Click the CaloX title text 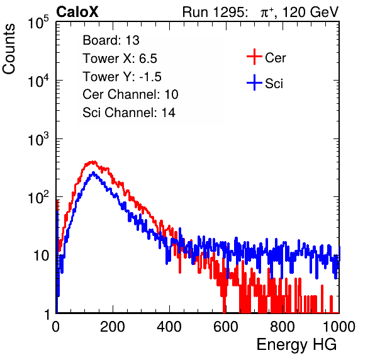click(77, 12)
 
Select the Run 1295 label click(215, 12)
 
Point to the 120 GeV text click(310, 12)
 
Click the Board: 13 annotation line click(111, 40)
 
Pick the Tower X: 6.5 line click(120, 59)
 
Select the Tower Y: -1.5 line click(122, 77)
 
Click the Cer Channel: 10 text click(130, 94)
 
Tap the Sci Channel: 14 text click(129, 113)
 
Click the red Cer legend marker click(254, 57)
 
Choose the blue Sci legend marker click(254, 83)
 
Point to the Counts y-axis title click(9, 49)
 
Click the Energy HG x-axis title click(296, 344)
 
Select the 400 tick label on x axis click(169, 327)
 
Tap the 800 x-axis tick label click(283, 327)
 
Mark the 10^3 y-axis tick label click(38, 140)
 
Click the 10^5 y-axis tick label click(38, 23)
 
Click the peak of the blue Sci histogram click(93, 172)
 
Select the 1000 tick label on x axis click(339, 327)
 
